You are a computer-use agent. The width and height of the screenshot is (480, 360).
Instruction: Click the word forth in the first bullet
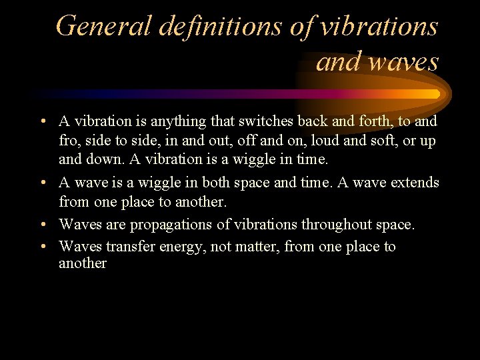(x=383, y=122)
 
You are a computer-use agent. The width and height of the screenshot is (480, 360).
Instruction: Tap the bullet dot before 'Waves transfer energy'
(x=42, y=247)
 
